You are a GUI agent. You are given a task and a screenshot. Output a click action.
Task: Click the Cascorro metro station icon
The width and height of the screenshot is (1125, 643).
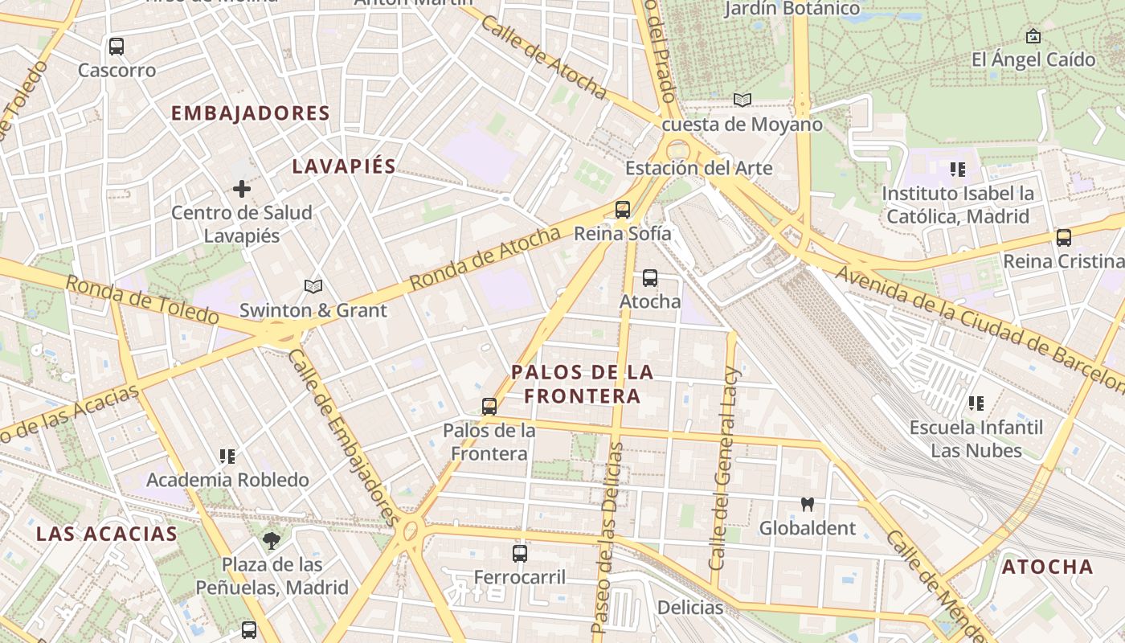point(117,47)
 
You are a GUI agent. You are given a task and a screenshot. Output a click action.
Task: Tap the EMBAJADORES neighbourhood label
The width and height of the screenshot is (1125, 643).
point(251,113)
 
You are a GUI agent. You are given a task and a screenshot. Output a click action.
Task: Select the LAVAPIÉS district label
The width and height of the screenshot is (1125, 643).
point(344,166)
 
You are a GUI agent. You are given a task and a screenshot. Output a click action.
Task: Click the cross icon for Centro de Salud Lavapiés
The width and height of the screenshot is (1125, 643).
point(241,189)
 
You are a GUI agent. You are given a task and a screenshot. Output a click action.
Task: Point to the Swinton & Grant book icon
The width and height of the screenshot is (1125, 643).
point(313,286)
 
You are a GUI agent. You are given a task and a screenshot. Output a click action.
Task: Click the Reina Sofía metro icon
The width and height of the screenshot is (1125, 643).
point(622,210)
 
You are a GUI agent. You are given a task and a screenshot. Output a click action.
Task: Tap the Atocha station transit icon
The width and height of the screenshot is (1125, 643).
point(650,278)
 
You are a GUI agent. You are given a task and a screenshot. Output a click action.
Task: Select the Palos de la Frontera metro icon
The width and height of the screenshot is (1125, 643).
point(489,407)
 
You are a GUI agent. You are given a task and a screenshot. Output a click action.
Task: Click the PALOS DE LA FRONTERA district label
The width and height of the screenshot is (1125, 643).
point(583,384)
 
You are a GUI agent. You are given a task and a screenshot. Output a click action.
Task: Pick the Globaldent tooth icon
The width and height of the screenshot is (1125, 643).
point(808,505)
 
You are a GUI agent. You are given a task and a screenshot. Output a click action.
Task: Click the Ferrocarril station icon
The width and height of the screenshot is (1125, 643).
point(520,554)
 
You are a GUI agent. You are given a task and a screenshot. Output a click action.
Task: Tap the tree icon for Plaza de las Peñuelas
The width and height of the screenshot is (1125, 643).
point(272,540)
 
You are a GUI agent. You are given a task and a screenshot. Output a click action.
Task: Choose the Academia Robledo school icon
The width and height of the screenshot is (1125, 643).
point(227,457)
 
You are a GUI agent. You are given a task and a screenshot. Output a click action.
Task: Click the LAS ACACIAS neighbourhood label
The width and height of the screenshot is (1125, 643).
point(107,534)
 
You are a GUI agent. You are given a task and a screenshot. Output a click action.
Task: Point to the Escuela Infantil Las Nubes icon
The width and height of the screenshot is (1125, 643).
point(976,403)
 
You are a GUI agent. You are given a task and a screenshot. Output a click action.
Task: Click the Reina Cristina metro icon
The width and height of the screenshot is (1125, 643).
point(1064,238)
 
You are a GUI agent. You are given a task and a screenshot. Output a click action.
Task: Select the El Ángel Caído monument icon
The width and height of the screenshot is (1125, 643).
point(1033,36)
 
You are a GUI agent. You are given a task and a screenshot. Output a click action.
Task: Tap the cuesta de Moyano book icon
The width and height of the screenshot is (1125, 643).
point(742,100)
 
